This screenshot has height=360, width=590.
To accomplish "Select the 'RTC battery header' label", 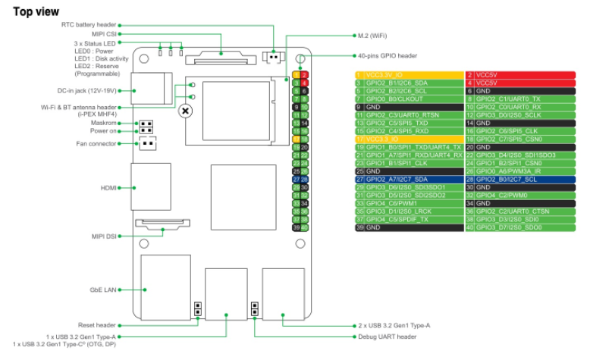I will [x=89, y=25].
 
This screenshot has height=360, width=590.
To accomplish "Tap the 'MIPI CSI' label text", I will [x=104, y=35].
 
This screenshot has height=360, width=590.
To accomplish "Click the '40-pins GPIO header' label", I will [x=386, y=55].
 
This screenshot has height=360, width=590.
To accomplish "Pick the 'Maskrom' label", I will [x=104, y=123].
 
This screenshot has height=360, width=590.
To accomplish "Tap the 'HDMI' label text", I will [x=109, y=186].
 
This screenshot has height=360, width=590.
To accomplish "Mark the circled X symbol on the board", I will [x=185, y=111].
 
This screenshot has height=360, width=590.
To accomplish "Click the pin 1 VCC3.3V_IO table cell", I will [x=409, y=75].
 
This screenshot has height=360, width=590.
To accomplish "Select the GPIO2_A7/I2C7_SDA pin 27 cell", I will [x=409, y=179].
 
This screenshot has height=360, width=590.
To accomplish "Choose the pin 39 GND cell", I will [x=409, y=227].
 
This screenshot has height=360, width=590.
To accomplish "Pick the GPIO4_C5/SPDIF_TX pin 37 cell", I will [x=409, y=219].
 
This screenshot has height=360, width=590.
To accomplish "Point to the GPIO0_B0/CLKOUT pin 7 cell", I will [x=409, y=99].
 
